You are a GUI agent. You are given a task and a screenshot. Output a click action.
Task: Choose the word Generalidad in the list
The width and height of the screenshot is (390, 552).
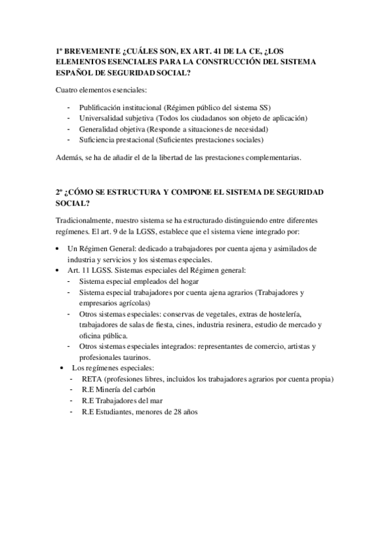tap(101, 129)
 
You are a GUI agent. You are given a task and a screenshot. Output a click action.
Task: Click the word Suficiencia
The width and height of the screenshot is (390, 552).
tap(100, 140)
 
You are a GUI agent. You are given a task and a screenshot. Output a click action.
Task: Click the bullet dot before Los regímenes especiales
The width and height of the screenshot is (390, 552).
tap(63, 368)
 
